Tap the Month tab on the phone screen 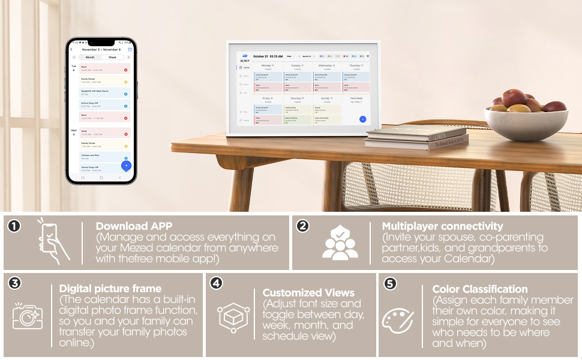click(91, 57)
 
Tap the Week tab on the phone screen click(112, 57)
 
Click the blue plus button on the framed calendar click(362, 119)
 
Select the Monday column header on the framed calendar click(267, 65)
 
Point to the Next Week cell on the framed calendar click(356, 98)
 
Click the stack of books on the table click(416, 139)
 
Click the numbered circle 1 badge click(14, 226)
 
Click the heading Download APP click(134, 226)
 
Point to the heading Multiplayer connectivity click(442, 226)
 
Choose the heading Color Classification click(480, 289)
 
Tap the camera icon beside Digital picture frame click(28, 314)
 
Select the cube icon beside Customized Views click(233, 317)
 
